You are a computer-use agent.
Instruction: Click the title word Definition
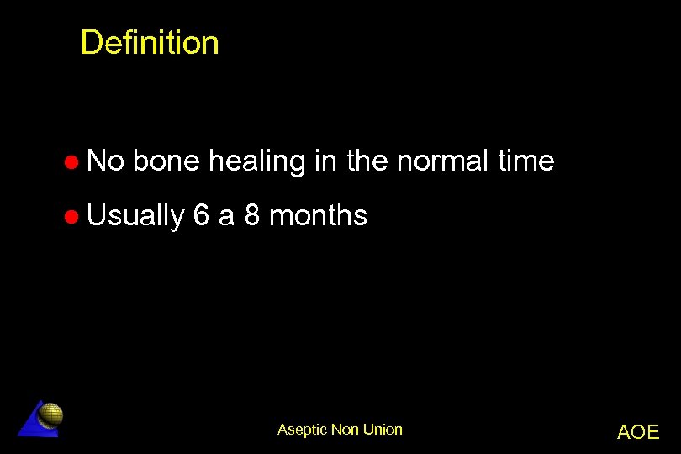150,43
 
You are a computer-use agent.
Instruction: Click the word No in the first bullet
105,161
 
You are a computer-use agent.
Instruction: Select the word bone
166,161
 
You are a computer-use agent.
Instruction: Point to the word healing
256,161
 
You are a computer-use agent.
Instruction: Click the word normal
443,161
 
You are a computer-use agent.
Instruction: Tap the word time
525,161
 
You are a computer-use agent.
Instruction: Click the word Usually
135,217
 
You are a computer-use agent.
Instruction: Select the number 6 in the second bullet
201,216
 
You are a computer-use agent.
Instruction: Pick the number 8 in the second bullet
252,216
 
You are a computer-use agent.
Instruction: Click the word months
319,216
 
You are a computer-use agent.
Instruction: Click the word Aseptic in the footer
303,430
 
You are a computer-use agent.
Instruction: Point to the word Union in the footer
383,430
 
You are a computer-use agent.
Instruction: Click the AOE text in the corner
638,432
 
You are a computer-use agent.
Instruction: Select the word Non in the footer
346,430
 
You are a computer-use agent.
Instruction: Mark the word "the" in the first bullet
367,161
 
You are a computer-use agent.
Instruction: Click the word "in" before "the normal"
325,161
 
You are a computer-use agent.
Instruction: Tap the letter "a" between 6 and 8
226,217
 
